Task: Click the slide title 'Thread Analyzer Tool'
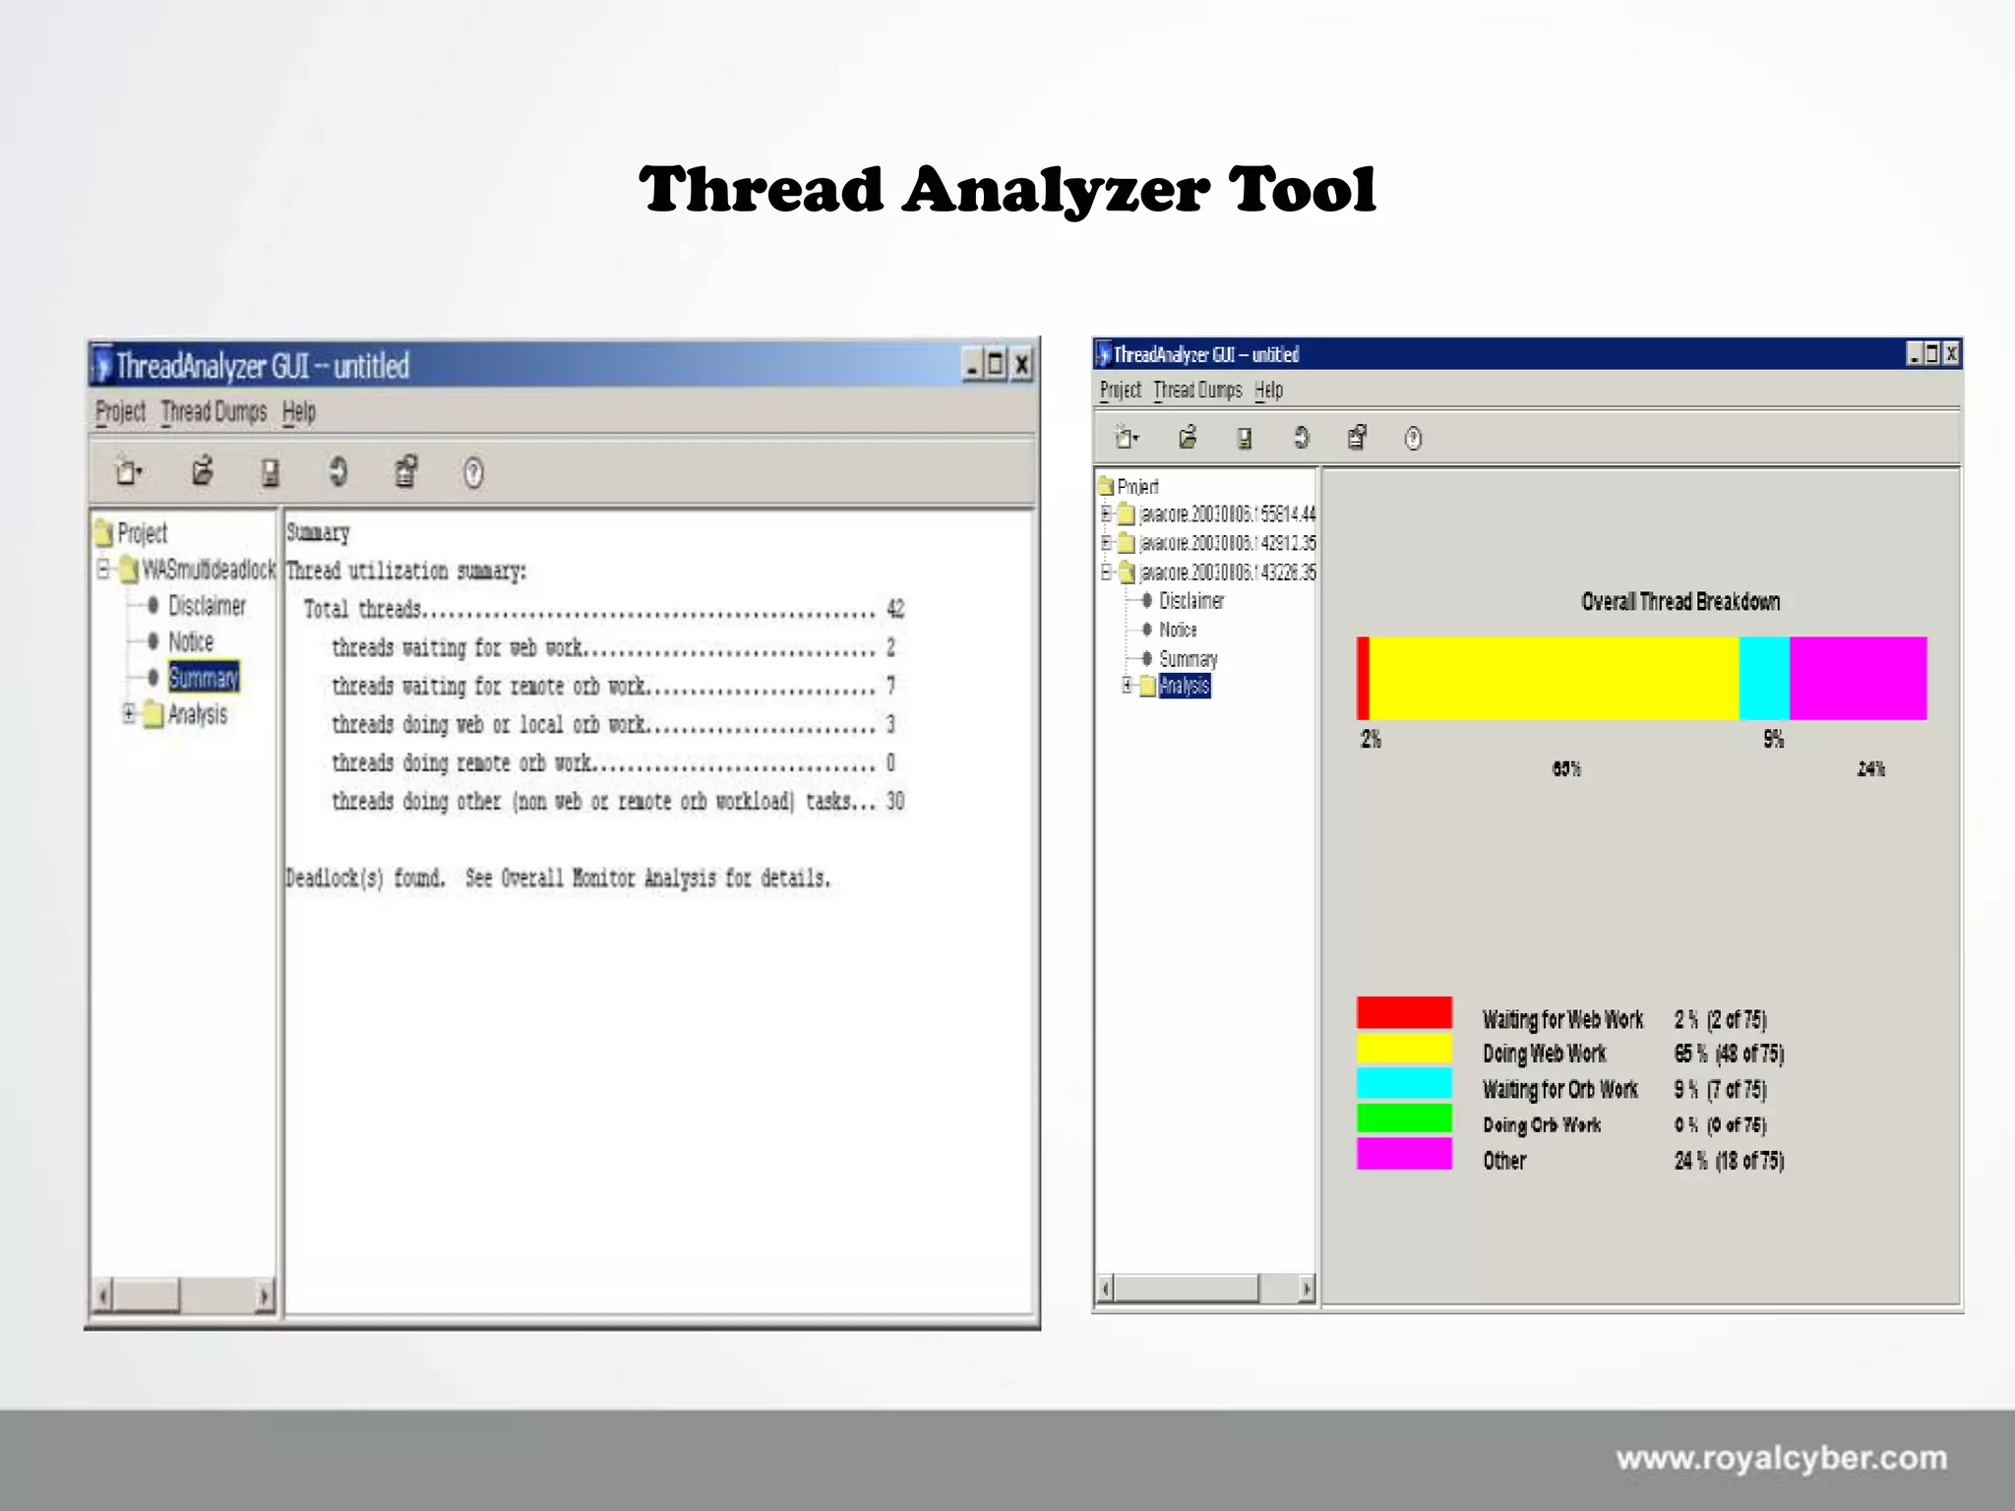(1007, 189)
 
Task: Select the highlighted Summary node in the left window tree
(204, 678)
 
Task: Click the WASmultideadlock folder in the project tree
(208, 570)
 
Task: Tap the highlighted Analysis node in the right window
(1184, 686)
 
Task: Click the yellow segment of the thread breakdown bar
(1554, 678)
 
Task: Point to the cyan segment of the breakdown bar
(1764, 678)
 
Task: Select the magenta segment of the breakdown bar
(1858, 678)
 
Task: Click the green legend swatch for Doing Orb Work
(1404, 1118)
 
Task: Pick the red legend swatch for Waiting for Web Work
(1404, 1012)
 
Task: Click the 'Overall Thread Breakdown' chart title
(1680, 602)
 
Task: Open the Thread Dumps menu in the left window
(214, 412)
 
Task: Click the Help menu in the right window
(1269, 391)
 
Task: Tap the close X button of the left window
(1022, 366)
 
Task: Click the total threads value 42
(895, 610)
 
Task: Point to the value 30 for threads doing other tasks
(895, 802)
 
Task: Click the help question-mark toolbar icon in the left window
(473, 473)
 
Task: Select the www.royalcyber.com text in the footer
(1781, 1458)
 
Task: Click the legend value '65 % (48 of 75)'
(1729, 1055)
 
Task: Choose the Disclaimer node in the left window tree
(207, 606)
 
